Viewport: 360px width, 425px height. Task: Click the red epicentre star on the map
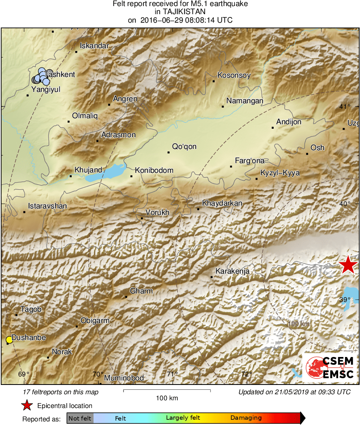point(348,265)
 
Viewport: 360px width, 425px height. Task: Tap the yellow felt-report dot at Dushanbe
point(9,340)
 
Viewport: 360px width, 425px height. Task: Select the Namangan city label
point(245,101)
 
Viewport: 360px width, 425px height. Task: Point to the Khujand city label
point(88,170)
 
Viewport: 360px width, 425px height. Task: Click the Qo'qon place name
point(184,147)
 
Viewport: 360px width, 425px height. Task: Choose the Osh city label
point(317,148)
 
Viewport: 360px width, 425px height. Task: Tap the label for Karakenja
point(232,271)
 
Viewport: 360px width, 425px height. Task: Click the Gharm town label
point(141,291)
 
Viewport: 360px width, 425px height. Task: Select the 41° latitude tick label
point(345,107)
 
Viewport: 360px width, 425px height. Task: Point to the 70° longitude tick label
point(98,374)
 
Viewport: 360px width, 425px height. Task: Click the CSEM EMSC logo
point(330,367)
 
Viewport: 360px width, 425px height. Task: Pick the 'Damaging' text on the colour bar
point(246,418)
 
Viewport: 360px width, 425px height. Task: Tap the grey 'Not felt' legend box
point(80,418)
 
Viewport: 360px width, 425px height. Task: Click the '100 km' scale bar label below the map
point(167,398)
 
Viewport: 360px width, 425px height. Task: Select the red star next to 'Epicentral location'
point(27,406)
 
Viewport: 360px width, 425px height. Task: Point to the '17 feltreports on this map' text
point(61,392)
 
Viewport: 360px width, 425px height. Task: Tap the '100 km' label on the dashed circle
point(299,324)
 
